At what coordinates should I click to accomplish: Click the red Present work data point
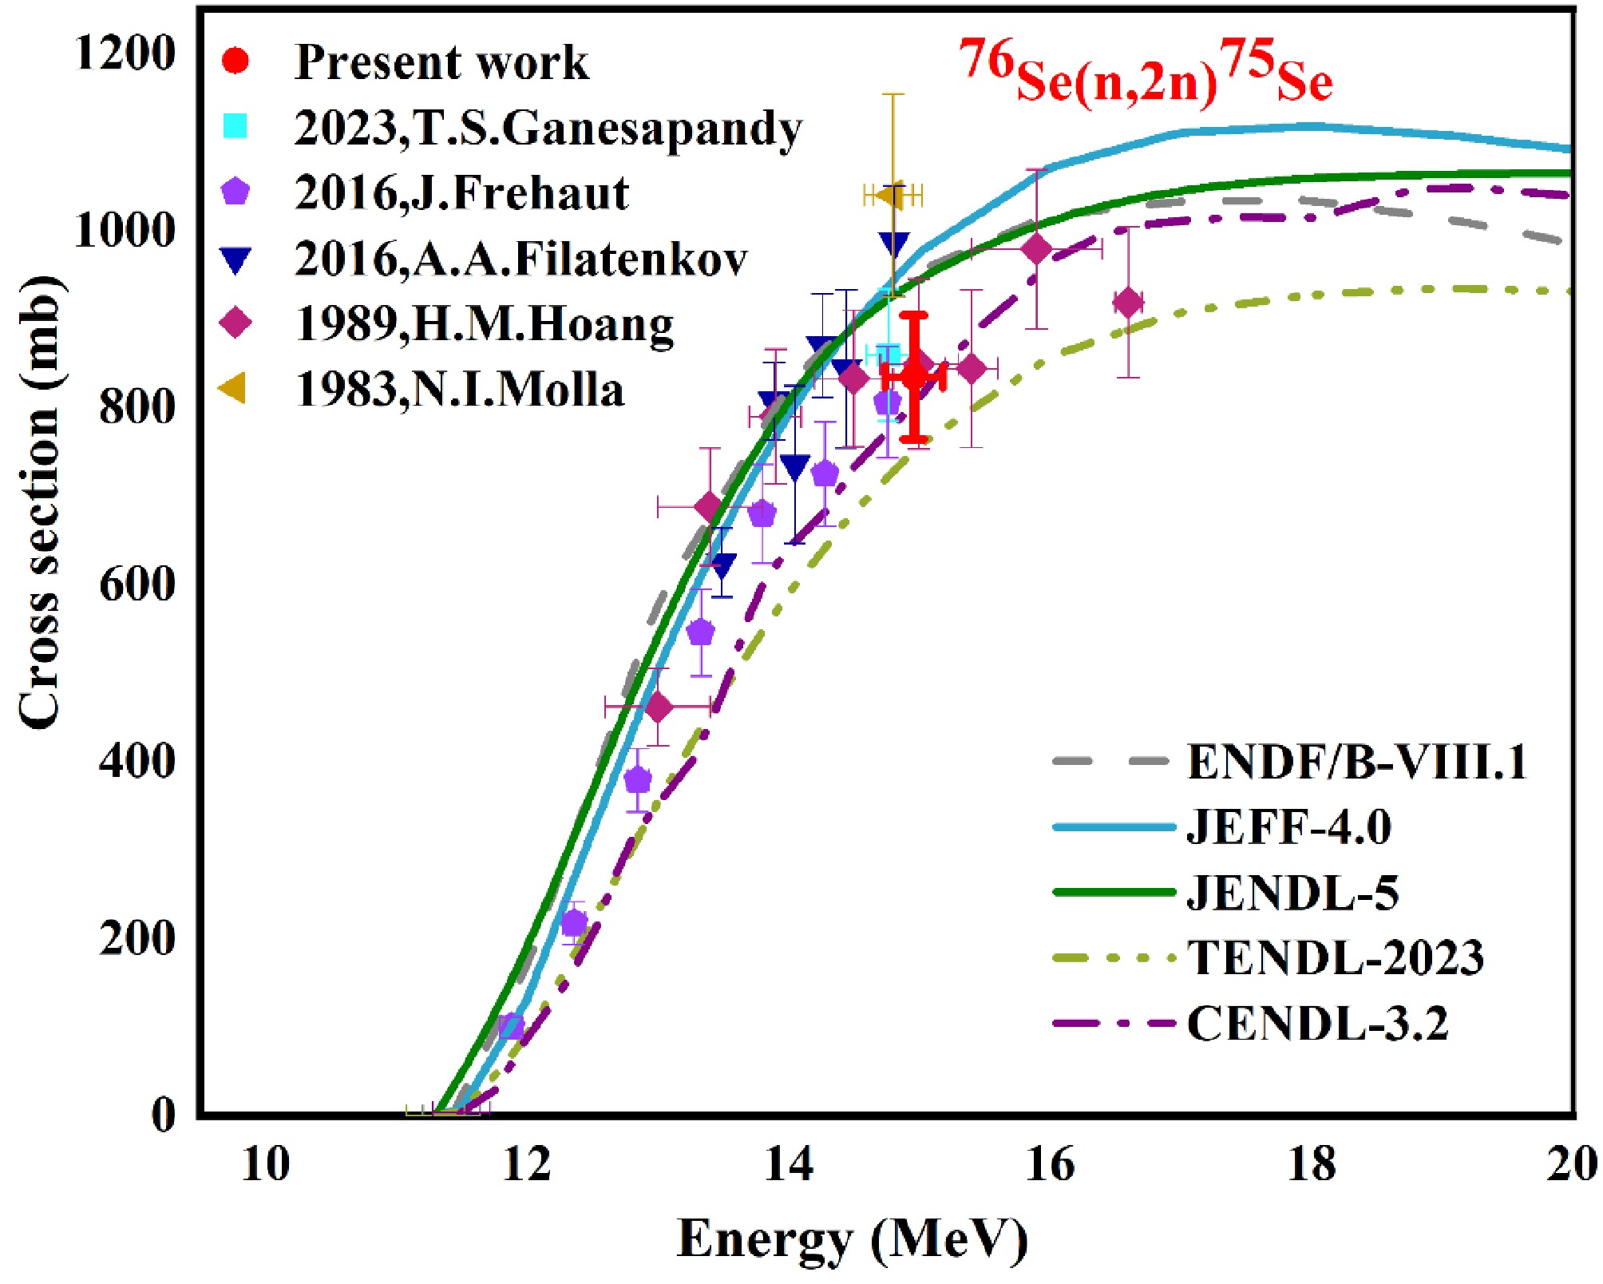tap(914, 374)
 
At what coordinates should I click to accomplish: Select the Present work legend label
tap(441, 62)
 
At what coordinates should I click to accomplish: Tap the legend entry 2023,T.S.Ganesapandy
tap(548, 128)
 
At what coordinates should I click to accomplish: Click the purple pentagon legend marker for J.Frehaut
tap(236, 192)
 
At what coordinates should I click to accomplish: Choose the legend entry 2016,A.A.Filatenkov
tap(520, 259)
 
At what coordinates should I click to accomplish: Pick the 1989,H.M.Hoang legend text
tap(485, 324)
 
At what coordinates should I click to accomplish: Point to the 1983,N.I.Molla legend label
tap(460, 390)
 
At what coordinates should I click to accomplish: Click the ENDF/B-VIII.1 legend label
tap(1356, 761)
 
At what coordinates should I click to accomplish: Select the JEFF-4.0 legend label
tap(1288, 826)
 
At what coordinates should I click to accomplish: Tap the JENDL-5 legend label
tap(1292, 892)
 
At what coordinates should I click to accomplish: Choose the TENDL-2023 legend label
tap(1336, 957)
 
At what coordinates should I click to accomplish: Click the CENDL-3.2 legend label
tap(1317, 1023)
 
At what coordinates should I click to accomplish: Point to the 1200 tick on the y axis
tap(125, 53)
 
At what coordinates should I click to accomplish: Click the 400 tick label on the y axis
tap(137, 760)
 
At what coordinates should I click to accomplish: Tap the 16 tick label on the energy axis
tap(1049, 1163)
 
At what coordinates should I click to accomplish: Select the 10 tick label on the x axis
tap(265, 1163)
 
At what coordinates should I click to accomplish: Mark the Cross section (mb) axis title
tap(40, 502)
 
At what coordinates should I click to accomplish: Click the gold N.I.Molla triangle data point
tap(890, 195)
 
